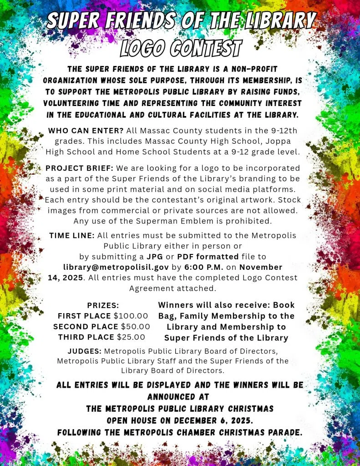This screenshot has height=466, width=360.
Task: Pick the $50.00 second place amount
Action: click(135, 326)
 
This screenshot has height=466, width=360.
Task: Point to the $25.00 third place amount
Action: click(131, 337)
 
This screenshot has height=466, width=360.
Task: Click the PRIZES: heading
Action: click(103, 305)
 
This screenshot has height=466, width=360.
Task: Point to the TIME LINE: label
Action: click(72, 235)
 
